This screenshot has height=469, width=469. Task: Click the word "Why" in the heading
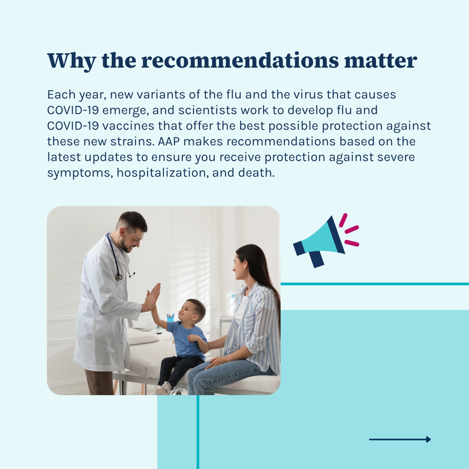pyautogui.click(x=71, y=61)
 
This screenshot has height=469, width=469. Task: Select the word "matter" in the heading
pyautogui.click(x=381, y=61)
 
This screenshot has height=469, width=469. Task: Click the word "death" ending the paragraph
pyautogui.click(x=256, y=173)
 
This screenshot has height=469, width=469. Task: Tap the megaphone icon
pyautogui.click(x=326, y=241)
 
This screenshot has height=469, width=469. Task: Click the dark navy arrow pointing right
pyautogui.click(x=400, y=439)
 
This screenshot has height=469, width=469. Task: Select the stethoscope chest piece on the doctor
pyautogui.click(x=119, y=277)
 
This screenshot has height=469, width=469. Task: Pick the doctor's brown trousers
pyautogui.click(x=99, y=382)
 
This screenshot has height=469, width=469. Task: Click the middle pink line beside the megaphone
pyautogui.click(x=352, y=229)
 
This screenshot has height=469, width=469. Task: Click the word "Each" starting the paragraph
pyautogui.click(x=61, y=94)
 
